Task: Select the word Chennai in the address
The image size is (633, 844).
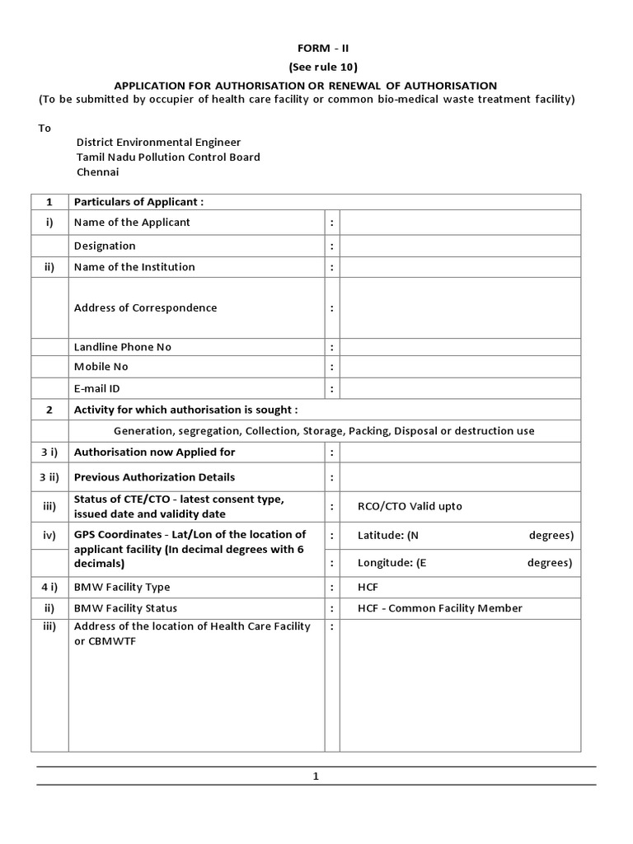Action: [x=98, y=172]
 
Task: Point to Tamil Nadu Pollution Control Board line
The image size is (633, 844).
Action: [x=168, y=157]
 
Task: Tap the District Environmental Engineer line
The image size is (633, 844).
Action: [x=158, y=142]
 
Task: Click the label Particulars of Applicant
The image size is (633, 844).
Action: [x=138, y=202]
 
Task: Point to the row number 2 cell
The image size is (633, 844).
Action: [x=49, y=410]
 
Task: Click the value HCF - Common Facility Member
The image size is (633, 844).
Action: [x=440, y=608]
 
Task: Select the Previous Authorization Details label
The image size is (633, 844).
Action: [x=154, y=477]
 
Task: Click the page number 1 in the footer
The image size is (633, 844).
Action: [x=316, y=776]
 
